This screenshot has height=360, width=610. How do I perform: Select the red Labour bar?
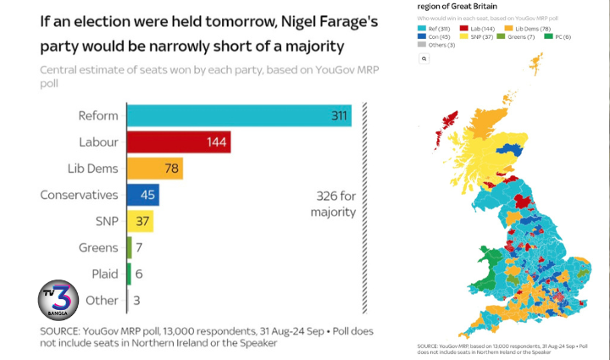tap(178, 141)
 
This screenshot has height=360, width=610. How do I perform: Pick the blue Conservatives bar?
tap(142, 195)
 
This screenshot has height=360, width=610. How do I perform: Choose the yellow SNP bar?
tap(139, 221)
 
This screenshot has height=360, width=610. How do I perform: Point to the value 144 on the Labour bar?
tap(218, 141)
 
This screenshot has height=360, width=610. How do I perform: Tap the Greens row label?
tap(98, 247)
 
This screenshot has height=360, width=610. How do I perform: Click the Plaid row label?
tap(104, 274)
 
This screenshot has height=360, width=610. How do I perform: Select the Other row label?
tap(102, 300)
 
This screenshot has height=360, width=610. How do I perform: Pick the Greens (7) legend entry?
tap(518, 38)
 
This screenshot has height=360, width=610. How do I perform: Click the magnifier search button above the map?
tap(424, 59)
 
